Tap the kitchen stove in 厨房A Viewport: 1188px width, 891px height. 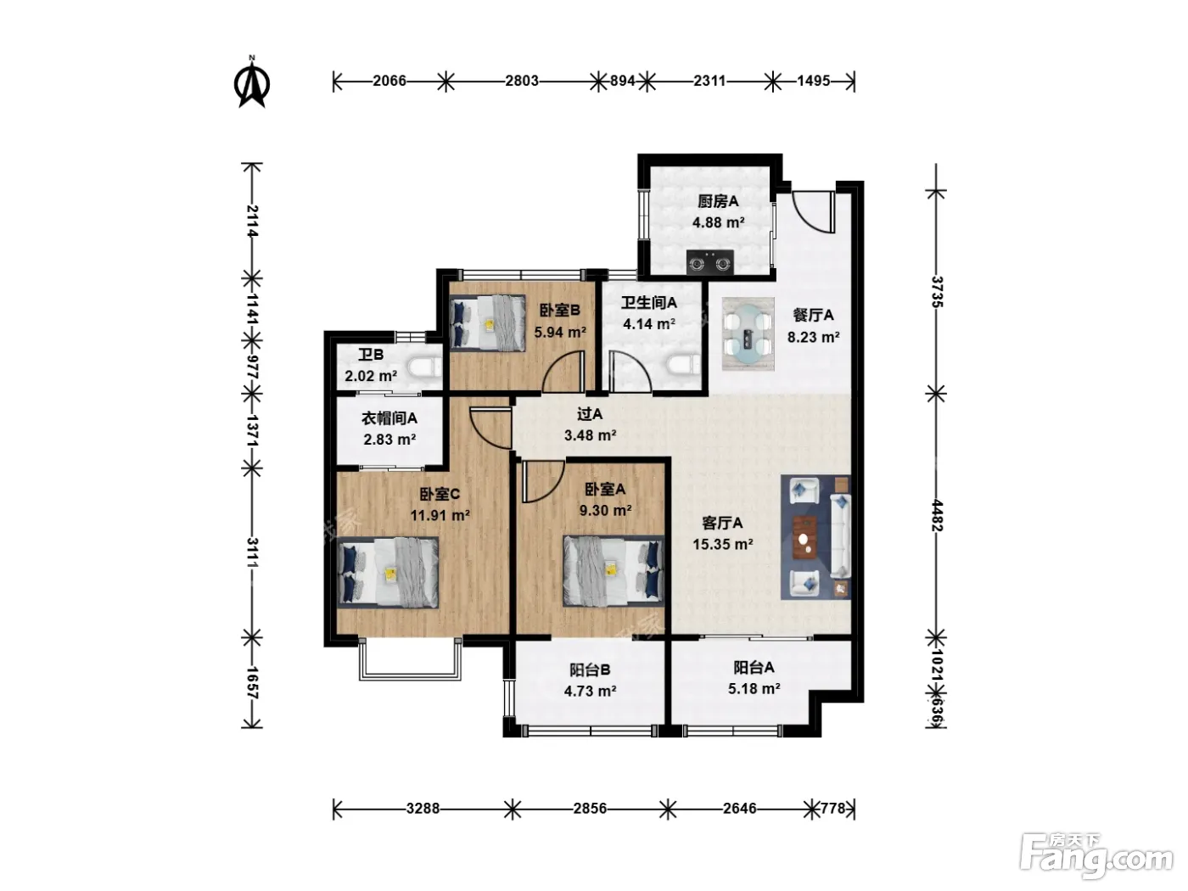tap(710, 262)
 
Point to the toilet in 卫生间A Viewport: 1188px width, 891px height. tap(684, 365)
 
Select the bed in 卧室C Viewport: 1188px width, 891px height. tap(388, 572)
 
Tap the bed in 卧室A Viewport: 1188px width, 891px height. tap(614, 571)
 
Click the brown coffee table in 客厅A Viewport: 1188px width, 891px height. tap(805, 537)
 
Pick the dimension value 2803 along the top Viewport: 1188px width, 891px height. tap(522, 81)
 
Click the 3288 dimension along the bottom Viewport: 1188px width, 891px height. tap(423, 809)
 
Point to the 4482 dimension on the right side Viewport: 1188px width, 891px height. tap(937, 516)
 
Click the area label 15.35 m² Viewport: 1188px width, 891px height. tap(723, 544)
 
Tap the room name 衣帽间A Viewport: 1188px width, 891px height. tap(389, 418)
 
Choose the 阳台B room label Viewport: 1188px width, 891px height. tap(590, 670)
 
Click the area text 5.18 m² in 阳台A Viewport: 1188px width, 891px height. tap(754, 689)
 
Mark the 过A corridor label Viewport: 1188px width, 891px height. tap(590, 414)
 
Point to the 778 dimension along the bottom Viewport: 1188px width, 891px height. tap(832, 809)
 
